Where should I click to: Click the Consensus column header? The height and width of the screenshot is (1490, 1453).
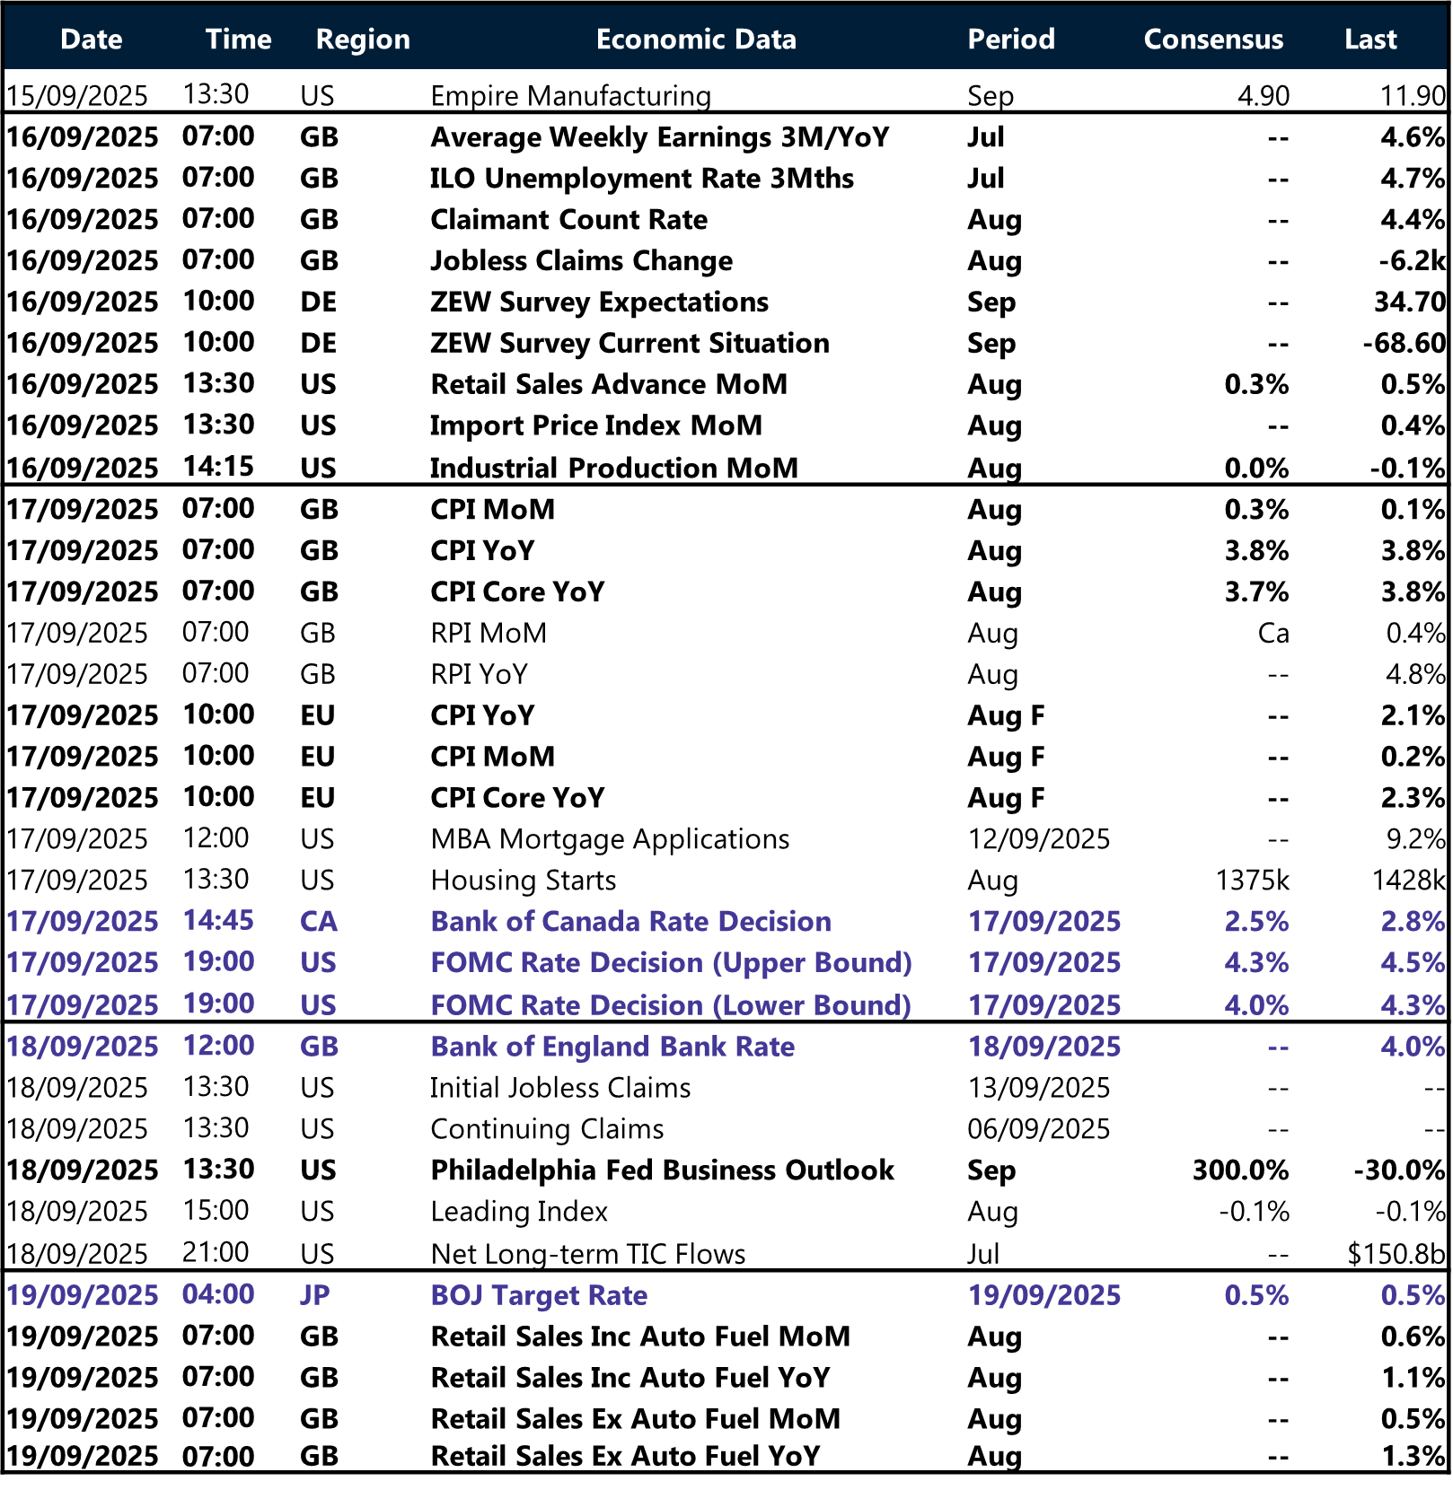[1212, 39]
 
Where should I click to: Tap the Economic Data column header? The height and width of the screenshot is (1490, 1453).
[696, 39]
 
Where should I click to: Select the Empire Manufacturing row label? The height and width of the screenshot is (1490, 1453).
[570, 95]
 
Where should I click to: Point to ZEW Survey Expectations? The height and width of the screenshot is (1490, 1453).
[599, 302]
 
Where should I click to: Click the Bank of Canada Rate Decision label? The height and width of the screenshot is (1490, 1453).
[630, 922]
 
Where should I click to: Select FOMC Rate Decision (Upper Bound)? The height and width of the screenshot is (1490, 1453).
[671, 963]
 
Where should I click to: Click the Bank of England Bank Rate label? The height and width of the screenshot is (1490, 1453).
[612, 1047]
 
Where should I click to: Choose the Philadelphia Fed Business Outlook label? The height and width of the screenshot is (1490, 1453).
[662, 1170]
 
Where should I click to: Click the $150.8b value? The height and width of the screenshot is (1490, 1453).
[1396, 1254]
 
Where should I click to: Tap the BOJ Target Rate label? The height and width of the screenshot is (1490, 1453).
[539, 1295]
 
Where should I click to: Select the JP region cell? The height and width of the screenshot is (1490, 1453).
[315, 1295]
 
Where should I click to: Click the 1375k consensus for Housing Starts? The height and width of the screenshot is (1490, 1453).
[1252, 881]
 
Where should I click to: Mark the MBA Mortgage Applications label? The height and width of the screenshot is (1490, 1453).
[610, 839]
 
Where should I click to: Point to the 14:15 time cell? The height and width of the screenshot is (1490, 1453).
[218, 467]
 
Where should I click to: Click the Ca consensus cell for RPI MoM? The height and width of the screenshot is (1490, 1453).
[1272, 634]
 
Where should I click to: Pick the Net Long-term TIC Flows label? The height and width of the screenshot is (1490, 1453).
[587, 1254]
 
